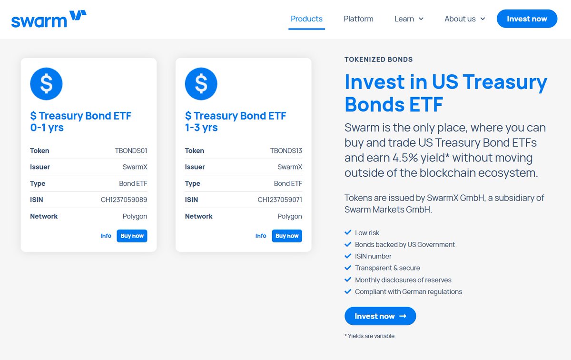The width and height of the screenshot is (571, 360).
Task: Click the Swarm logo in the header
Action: (49, 19)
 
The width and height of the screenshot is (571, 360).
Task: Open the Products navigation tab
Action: (306, 19)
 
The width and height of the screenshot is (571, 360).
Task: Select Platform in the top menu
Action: (358, 19)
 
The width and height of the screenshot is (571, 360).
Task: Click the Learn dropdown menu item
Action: (409, 19)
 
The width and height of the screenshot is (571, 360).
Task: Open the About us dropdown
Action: (464, 19)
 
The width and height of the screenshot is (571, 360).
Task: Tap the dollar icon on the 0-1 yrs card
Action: (46, 84)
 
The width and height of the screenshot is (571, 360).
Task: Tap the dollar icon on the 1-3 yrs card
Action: (201, 84)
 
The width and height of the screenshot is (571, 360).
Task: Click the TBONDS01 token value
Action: (131, 151)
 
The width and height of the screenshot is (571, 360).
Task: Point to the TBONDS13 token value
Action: (286, 151)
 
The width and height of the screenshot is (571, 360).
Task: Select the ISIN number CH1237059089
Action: (124, 200)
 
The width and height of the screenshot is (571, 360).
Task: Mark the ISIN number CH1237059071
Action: (280, 200)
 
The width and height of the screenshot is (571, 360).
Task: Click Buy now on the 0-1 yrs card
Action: (132, 236)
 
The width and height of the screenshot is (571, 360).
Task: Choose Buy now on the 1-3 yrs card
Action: (287, 236)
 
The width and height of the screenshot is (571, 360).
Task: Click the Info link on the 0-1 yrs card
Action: (106, 236)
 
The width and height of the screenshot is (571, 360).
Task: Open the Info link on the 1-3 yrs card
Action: (261, 236)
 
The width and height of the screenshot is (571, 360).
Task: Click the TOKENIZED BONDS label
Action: (378, 60)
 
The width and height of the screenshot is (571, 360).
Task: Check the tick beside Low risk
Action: (348, 233)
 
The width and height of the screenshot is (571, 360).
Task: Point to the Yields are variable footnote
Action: (370, 336)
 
